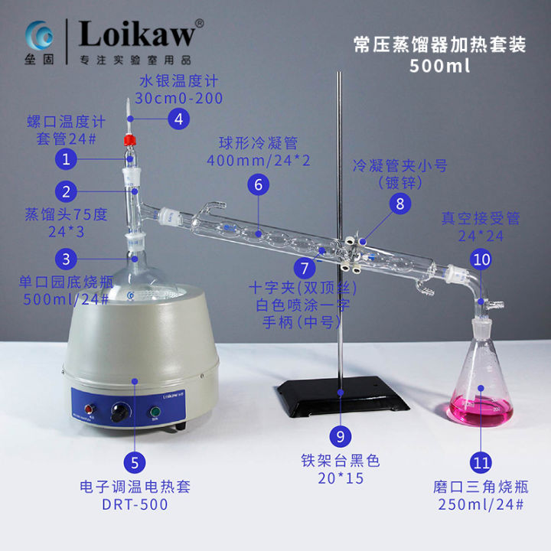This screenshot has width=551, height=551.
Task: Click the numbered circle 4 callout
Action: point(178,119)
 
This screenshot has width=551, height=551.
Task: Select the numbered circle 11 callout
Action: point(481,463)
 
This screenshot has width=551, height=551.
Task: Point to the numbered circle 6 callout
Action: point(258,184)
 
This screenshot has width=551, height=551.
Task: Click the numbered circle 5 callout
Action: point(135,462)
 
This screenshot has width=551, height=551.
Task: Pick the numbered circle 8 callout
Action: point(399,203)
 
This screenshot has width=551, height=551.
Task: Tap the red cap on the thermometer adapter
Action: point(130,140)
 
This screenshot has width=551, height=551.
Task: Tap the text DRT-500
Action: point(135,504)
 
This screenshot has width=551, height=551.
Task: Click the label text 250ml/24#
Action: point(481,505)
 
